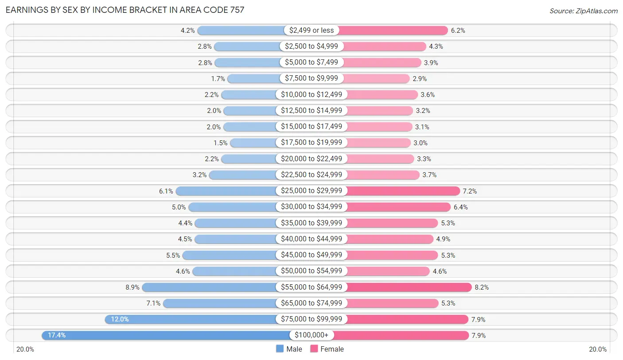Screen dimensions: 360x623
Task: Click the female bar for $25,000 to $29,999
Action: tap(403, 191)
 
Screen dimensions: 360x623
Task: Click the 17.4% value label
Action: tap(57, 335)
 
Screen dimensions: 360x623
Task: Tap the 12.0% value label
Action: tap(120, 319)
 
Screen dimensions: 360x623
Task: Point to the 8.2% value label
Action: tap(482, 287)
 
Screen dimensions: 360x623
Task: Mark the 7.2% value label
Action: tap(470, 191)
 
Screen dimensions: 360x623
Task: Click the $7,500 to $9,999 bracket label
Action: tap(311, 78)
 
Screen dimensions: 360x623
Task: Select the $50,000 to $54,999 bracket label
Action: tap(311, 271)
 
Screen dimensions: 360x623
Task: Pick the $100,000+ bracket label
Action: tap(311, 335)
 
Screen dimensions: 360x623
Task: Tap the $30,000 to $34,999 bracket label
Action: tap(311, 207)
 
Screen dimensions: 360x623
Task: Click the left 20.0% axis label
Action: tap(25, 349)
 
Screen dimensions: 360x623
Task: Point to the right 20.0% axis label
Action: tap(597, 349)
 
